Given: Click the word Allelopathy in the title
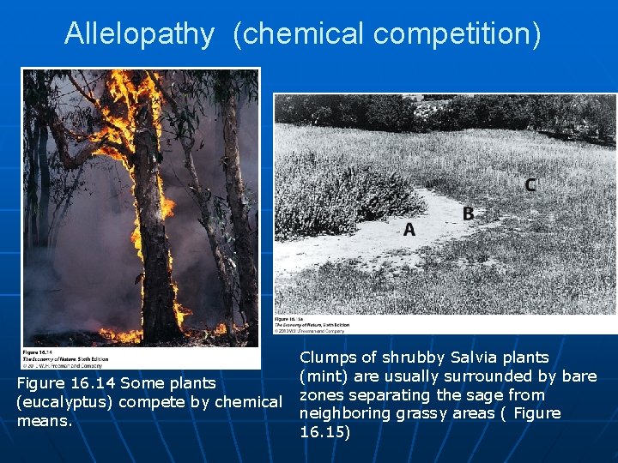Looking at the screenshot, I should click(x=139, y=33).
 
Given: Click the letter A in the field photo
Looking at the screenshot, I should click(x=409, y=229).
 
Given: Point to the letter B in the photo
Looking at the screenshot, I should click(x=468, y=213).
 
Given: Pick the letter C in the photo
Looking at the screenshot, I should click(x=530, y=185).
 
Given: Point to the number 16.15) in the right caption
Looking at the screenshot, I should click(x=325, y=432).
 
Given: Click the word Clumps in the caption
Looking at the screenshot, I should click(x=327, y=358).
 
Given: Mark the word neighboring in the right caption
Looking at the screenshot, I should click(x=340, y=413).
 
